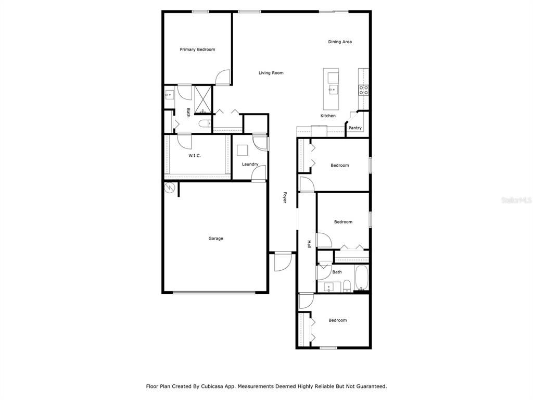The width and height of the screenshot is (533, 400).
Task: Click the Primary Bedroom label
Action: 197,49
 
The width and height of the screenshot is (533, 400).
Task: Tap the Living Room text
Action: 271,73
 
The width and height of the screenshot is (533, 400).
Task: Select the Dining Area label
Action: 340,42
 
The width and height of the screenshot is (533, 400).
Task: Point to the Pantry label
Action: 355,128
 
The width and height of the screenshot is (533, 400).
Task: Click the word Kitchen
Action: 328,116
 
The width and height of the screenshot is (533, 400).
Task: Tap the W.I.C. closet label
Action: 195,156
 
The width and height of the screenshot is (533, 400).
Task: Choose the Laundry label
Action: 250,164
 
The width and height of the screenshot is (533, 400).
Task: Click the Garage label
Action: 215,239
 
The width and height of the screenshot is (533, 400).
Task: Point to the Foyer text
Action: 285,197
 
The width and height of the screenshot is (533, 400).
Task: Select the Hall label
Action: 309,243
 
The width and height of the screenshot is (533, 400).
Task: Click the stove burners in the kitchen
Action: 363,90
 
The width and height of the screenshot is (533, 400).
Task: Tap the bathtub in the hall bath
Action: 362,278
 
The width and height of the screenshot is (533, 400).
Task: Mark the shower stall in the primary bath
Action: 203,99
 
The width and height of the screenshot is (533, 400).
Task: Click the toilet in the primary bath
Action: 205,123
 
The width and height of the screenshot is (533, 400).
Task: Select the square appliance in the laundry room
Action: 243,150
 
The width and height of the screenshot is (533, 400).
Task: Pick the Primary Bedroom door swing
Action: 223,78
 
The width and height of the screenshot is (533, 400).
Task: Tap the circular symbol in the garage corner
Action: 169,188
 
